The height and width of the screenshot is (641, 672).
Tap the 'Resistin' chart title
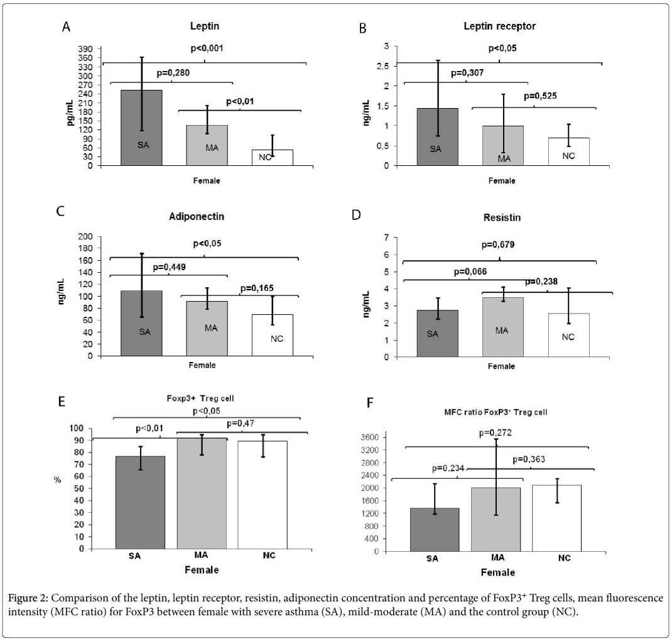[x=503, y=217]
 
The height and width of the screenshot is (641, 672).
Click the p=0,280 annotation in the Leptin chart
[x=173, y=73]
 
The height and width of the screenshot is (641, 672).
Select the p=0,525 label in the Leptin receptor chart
[x=541, y=96]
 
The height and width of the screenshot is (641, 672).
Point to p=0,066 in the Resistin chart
[x=469, y=271]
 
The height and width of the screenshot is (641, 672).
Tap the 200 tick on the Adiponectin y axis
[x=85, y=237]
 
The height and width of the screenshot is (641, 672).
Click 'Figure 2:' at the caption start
[x=32, y=598]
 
